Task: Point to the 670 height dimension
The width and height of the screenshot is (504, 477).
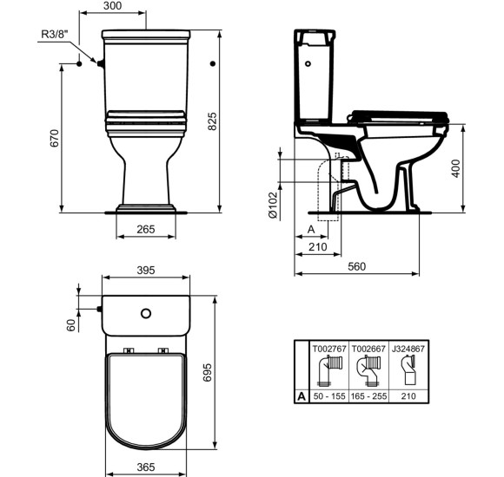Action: pyautogui.click(x=54, y=139)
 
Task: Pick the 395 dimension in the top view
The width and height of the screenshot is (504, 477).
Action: pyautogui.click(x=146, y=271)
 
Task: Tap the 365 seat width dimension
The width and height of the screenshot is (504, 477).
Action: pyautogui.click(x=146, y=467)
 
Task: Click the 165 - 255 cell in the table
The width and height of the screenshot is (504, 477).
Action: pyautogui.click(x=368, y=395)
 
